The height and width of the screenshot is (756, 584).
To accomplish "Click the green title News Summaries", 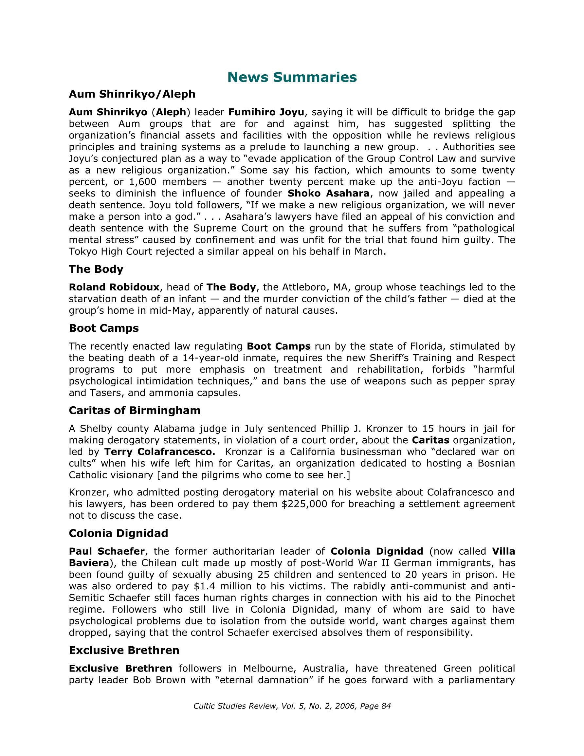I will pyautogui.click(x=292, y=77).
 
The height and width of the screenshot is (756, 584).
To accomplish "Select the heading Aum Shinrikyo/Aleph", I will pyautogui.click(x=132, y=94).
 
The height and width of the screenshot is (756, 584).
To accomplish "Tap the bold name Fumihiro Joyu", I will pyautogui.click(x=266, y=112).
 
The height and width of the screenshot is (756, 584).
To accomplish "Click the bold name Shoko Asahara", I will pyautogui.click(x=329, y=194).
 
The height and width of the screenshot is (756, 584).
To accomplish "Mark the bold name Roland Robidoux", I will pyautogui.click(x=114, y=287).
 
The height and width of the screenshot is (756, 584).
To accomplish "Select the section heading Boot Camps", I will pyautogui.click(x=103, y=328).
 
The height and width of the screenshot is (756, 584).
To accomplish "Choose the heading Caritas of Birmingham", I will pyautogui.click(x=135, y=411).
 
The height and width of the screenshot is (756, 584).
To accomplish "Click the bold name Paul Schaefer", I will pyautogui.click(x=107, y=551).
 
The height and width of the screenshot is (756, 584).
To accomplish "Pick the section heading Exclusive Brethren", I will pyautogui.click(x=124, y=651).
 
